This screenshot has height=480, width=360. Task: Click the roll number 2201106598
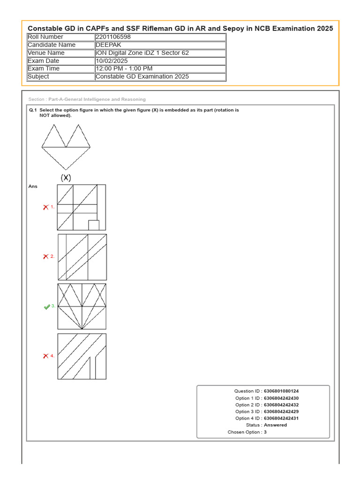(x=112, y=37)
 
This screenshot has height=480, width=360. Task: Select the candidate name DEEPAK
(x=108, y=45)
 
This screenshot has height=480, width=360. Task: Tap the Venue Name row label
(x=46, y=53)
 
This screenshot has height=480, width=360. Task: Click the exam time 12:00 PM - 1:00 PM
(x=124, y=69)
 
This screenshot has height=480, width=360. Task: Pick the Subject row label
(x=38, y=77)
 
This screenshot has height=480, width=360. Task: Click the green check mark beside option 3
(x=47, y=307)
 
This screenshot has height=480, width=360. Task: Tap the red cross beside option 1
(x=46, y=207)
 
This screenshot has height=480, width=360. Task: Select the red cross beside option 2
(x=46, y=256)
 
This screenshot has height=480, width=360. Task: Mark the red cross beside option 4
(x=46, y=356)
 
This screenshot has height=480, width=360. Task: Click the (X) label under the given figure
(x=66, y=178)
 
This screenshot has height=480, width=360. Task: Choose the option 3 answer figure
(x=82, y=307)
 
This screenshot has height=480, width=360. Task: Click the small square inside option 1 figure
(x=94, y=225)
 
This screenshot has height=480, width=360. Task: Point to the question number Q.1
(x=33, y=110)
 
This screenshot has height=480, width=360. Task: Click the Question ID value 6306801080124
(x=281, y=391)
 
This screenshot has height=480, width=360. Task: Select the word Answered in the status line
(x=276, y=425)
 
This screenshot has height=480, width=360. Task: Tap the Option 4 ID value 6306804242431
(x=281, y=418)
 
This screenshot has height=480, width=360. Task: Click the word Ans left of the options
(x=33, y=187)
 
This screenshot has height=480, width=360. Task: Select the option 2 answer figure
(x=82, y=257)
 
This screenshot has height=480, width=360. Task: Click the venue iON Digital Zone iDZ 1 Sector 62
(x=142, y=53)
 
